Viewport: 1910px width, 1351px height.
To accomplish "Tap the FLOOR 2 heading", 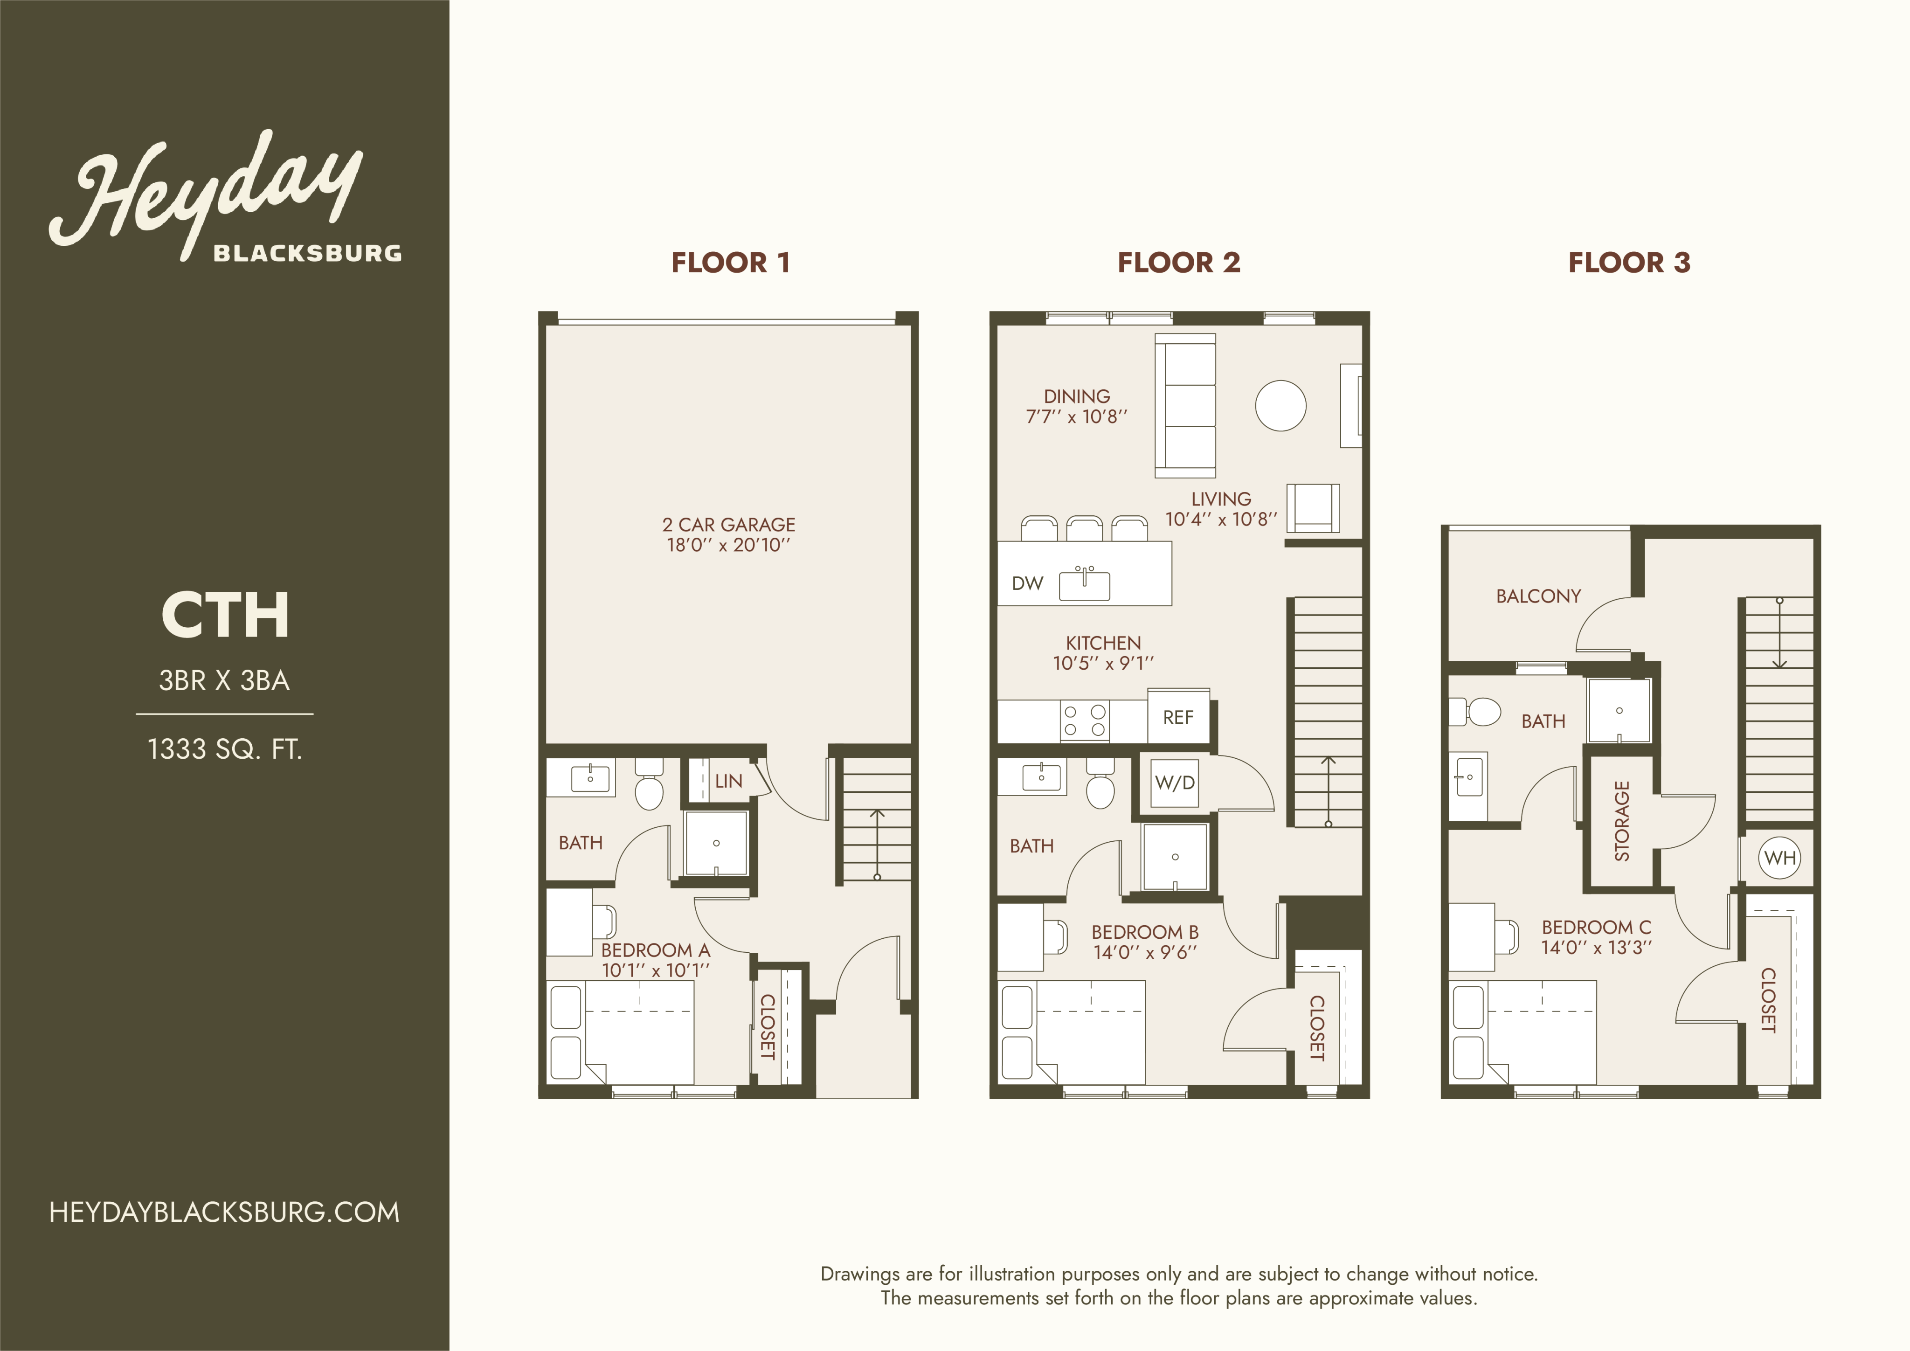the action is [1179, 263].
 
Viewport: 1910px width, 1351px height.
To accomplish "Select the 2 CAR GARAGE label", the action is [729, 525].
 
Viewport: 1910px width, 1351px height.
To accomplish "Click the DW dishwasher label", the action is [1027, 583].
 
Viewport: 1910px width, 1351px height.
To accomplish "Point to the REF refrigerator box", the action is [1178, 716].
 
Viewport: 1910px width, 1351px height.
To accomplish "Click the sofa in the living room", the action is [1185, 406].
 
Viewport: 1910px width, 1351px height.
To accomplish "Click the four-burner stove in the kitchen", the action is [1085, 721].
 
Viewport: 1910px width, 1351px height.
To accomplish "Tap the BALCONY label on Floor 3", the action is [1538, 596].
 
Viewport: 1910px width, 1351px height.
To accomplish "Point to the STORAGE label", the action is [1621, 821].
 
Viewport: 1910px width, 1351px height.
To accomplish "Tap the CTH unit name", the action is [225, 616].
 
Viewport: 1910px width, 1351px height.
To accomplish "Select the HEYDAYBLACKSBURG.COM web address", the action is [225, 1212].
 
